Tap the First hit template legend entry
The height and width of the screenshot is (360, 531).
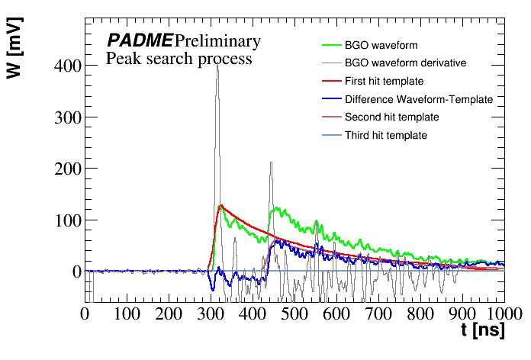click(x=385, y=81)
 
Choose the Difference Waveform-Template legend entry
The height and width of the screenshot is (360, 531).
click(x=419, y=99)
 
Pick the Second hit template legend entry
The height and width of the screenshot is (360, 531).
click(x=391, y=117)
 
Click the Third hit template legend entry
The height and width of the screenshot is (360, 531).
click(x=386, y=136)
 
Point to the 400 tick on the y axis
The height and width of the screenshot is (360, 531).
click(x=66, y=66)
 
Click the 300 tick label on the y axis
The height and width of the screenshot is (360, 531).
click(x=66, y=117)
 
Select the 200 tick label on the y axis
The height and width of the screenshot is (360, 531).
click(x=66, y=169)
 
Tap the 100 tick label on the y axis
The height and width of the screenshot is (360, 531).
click(x=66, y=220)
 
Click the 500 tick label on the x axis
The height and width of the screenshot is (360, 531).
click(x=294, y=313)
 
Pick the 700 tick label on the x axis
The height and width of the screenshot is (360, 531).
click(x=378, y=313)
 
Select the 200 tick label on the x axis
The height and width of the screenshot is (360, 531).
click(x=169, y=313)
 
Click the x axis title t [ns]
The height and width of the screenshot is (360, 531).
click(x=483, y=332)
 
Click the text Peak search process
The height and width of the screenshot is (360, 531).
click(x=179, y=59)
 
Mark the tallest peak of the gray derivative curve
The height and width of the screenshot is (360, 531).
click(x=217, y=66)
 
